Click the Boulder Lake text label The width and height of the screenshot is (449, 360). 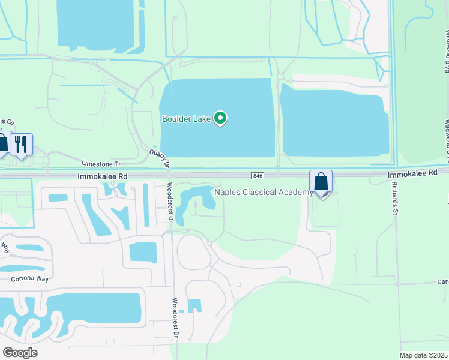coord(186,119)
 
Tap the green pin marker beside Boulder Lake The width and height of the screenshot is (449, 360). coord(220,118)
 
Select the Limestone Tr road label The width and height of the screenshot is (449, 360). coord(101,163)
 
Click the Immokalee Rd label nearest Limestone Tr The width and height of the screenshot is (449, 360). coord(103,177)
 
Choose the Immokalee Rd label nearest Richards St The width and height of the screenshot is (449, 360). coord(412,173)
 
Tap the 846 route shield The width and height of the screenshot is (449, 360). coord(258,175)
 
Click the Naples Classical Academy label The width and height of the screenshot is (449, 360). coord(264,192)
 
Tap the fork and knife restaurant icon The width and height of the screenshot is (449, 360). coord(20,144)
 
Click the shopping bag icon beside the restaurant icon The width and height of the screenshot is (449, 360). coord(2,143)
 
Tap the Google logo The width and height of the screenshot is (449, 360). coord(20,353)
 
